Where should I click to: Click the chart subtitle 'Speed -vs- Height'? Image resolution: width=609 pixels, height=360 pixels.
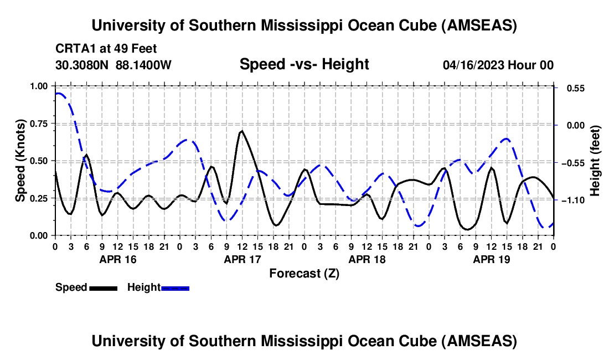[x=304, y=65]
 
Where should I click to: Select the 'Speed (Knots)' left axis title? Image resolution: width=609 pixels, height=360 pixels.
[x=20, y=161]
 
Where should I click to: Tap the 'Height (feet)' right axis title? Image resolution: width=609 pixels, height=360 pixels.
[x=595, y=161]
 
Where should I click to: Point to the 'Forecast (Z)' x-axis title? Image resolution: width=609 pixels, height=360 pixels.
[x=304, y=273]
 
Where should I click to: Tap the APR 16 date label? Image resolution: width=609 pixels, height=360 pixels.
[x=117, y=259]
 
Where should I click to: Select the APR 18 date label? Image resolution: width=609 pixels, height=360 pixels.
[x=367, y=259]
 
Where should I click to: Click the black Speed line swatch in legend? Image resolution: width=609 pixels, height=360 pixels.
[x=103, y=288]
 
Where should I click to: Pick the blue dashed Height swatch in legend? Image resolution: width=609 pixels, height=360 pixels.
[x=175, y=288]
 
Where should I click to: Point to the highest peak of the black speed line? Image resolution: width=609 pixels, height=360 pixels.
[x=241, y=131]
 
